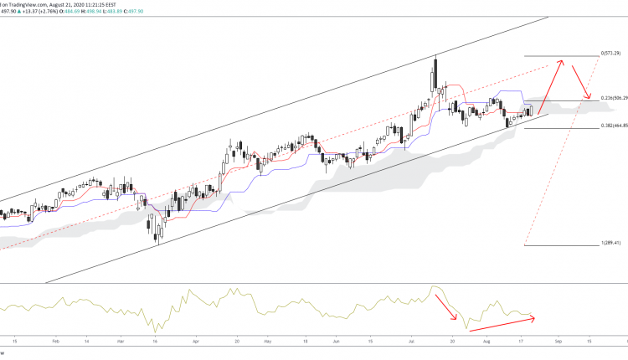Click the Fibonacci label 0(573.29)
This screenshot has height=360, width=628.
coord(614,54)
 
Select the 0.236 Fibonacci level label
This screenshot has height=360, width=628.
coord(614,101)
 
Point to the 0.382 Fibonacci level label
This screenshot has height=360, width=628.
coord(614,126)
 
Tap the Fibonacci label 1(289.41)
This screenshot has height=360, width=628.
coord(614,244)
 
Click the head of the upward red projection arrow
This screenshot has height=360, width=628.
coord(564,61)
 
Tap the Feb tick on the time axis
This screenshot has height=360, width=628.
coord(56,342)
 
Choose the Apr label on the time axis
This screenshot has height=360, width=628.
coord(196,342)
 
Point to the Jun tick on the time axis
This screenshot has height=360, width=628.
coord(335,342)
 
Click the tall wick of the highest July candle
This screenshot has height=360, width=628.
coord(436,63)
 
